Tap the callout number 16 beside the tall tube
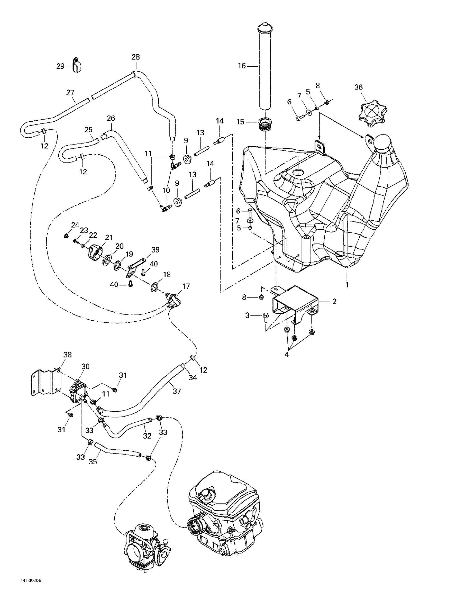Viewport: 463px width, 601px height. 242,66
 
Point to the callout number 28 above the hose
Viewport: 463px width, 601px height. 136,57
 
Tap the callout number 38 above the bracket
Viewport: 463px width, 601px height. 67,355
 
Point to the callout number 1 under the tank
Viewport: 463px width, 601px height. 347,285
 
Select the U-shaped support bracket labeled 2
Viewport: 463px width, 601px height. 295,304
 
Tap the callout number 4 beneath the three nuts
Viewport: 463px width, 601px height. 287,355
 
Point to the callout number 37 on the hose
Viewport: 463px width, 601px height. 177,391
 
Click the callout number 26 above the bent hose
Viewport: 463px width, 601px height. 111,118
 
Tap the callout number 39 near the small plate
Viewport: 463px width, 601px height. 155,250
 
